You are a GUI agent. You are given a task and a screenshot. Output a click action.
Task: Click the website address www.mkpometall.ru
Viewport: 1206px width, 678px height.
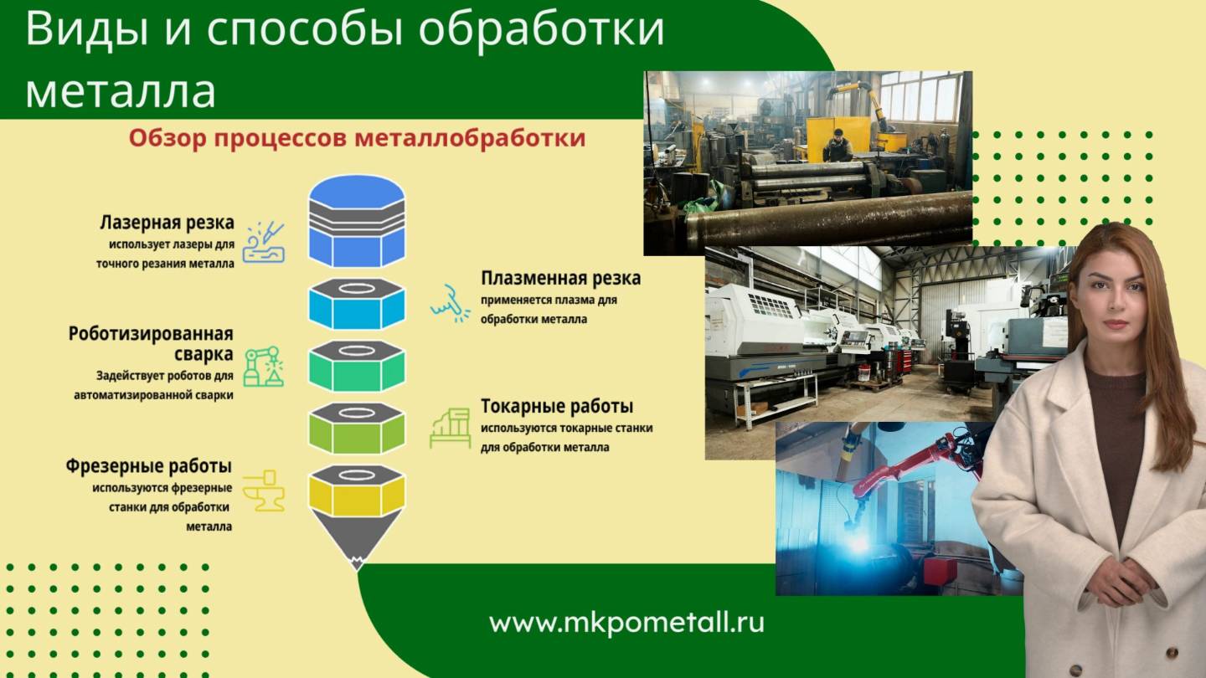(626, 623)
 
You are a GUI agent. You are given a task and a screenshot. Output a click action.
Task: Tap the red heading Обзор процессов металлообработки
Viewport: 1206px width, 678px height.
(357, 138)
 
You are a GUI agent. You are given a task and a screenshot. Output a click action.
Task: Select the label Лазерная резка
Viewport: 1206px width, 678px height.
(167, 223)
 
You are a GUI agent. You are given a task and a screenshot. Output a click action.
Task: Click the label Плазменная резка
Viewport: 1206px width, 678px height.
(560, 278)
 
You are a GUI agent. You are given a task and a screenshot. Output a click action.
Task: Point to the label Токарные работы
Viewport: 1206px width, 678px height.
(556, 407)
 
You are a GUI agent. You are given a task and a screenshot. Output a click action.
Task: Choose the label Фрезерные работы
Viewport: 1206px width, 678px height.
(149, 466)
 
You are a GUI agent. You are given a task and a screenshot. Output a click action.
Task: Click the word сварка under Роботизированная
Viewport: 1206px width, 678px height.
(204, 354)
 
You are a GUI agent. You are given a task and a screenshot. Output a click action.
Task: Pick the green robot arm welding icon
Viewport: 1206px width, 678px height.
(263, 367)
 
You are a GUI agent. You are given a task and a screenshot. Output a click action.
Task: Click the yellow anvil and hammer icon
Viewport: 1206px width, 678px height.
(264, 491)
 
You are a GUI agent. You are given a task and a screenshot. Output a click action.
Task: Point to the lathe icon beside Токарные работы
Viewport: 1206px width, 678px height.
(450, 428)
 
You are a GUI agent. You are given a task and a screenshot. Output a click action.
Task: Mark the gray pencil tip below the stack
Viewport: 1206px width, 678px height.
(358, 544)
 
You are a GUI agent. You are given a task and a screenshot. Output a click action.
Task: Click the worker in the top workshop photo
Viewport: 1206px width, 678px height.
(837, 146)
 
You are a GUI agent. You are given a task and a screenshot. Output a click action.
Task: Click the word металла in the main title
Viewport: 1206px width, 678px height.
(121, 91)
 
